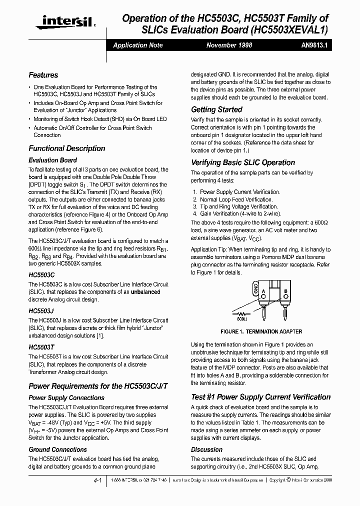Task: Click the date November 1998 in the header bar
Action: point(229,45)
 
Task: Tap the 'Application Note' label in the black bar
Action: point(138,45)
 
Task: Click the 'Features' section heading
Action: point(43,75)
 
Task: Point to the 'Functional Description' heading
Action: point(67,148)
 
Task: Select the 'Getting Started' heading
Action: point(216,109)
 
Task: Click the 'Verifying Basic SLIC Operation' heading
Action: point(243,162)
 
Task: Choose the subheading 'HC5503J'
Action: point(41,310)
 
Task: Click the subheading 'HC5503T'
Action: point(41,346)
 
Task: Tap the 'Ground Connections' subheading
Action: point(57,449)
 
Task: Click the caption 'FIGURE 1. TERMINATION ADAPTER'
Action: point(261,331)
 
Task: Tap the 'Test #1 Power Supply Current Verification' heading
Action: point(260,397)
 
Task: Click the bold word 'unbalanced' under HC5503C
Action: point(145,291)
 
